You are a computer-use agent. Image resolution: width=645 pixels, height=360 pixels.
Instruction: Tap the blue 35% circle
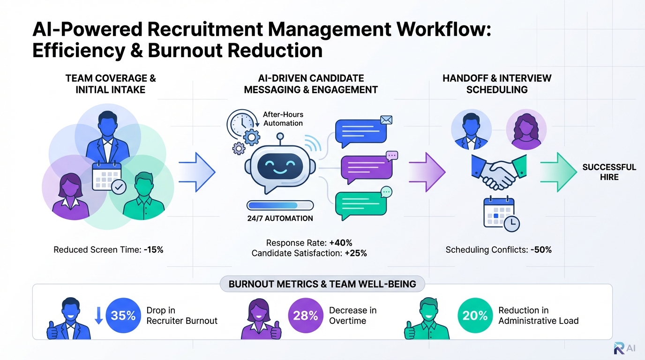[x=123, y=315]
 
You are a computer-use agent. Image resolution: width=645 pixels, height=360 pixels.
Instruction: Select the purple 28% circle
[x=306, y=315]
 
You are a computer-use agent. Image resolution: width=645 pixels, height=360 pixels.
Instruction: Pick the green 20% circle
[x=475, y=315]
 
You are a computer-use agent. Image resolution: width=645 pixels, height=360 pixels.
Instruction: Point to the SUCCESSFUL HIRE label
[x=609, y=172]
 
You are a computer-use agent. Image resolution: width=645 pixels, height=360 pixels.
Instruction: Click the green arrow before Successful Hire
[x=558, y=172]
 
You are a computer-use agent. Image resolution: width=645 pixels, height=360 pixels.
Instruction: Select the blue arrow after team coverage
[x=197, y=172]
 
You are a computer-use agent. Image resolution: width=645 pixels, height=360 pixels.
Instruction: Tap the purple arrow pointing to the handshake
[x=427, y=172]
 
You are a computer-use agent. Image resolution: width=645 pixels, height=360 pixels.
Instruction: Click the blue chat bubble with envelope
[x=361, y=131]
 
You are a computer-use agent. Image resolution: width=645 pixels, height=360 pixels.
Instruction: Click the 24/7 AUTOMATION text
[x=280, y=218]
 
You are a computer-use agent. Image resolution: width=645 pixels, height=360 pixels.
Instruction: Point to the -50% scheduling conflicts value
[x=541, y=250]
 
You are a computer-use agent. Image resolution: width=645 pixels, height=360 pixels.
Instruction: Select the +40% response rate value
[x=341, y=243]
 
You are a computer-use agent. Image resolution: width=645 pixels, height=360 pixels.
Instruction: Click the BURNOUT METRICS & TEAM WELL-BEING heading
[x=322, y=285]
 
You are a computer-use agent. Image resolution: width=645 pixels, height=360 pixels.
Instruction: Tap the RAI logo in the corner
[x=625, y=348]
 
